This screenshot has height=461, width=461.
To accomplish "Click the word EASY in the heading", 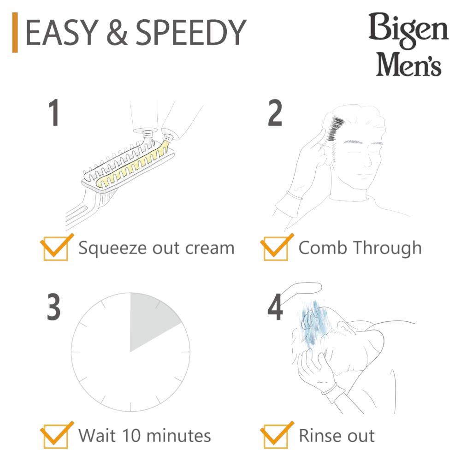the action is (x=62, y=33).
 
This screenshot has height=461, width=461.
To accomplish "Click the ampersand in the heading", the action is (x=117, y=33).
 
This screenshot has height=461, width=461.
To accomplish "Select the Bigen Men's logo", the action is (x=408, y=45).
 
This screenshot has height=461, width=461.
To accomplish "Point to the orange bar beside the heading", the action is (x=15, y=32).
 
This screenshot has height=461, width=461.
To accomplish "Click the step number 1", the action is (x=54, y=113).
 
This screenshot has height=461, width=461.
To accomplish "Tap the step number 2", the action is (x=275, y=113).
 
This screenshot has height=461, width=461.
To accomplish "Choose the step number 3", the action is (x=54, y=307).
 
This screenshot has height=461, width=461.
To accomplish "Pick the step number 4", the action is (x=275, y=307).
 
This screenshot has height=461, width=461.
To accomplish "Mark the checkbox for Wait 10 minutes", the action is (x=56, y=436).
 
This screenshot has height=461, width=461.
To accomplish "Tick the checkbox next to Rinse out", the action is (x=276, y=436).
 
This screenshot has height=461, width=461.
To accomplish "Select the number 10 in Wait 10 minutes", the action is (x=132, y=436).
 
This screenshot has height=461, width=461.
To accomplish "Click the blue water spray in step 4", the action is (x=312, y=324).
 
